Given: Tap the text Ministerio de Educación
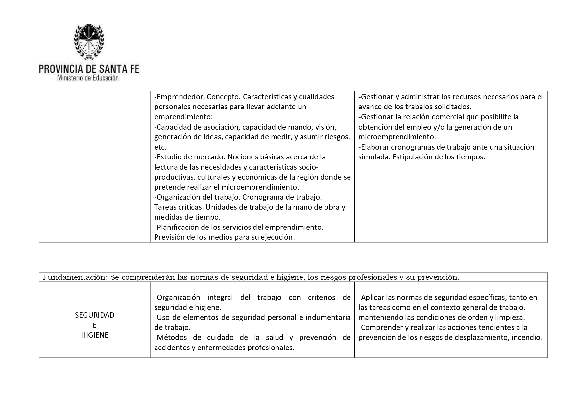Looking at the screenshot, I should click(x=88, y=78).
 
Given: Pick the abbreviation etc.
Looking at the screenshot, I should click(x=160, y=147).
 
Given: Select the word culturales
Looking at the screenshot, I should click(x=213, y=177).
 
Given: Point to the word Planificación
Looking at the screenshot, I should click(x=180, y=227).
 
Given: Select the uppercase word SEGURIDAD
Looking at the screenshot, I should click(x=95, y=315).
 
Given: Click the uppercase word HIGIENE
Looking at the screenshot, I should click(x=95, y=335).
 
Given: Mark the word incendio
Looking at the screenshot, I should click(x=527, y=337).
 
